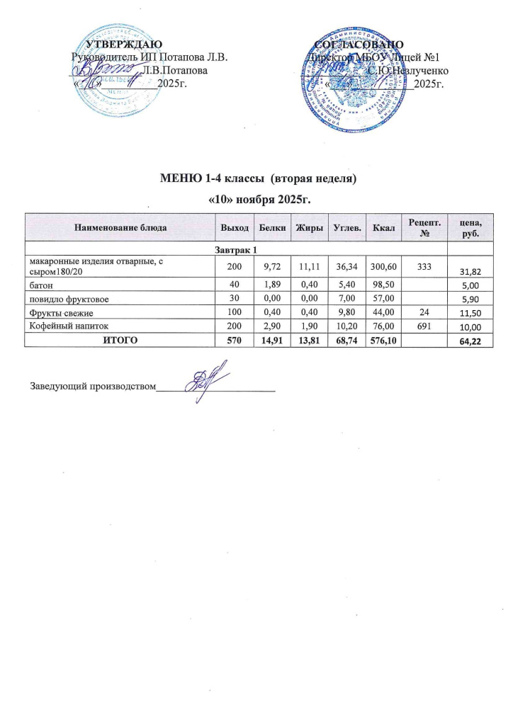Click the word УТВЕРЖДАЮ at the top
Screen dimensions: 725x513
[x=124, y=46]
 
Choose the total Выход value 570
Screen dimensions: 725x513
[x=234, y=341]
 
